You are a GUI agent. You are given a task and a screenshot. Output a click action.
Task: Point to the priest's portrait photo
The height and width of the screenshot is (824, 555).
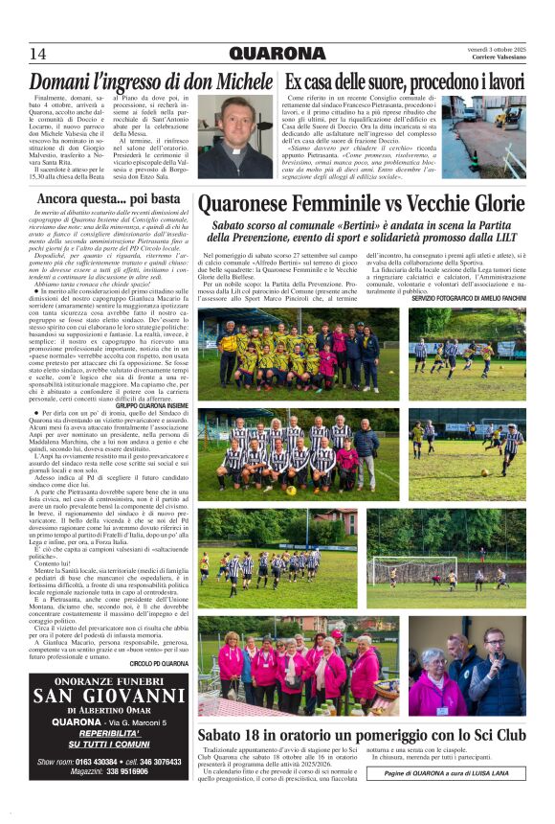(x=234, y=136)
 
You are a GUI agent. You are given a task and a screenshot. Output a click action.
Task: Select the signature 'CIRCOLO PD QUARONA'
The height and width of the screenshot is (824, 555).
(x=158, y=663)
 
